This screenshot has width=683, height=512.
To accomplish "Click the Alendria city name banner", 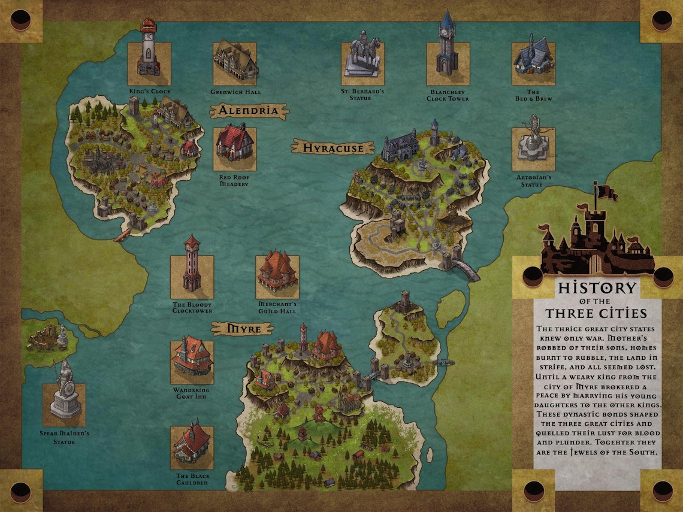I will point(248,111).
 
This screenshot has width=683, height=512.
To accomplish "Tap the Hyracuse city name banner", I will point(333,147).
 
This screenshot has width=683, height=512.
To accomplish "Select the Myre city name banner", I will point(241,329).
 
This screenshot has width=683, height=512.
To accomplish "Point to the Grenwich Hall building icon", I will point(235,62).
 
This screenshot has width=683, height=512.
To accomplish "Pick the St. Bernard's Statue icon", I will point(362,58).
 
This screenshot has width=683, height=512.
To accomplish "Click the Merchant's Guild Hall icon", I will point(277,274).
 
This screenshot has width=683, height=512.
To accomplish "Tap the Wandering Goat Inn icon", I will point(192,359).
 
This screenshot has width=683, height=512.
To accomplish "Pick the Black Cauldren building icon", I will point(192,446).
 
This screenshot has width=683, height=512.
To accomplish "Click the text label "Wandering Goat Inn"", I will point(192,394).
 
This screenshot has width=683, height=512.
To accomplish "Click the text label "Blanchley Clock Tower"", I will point(447,95).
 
